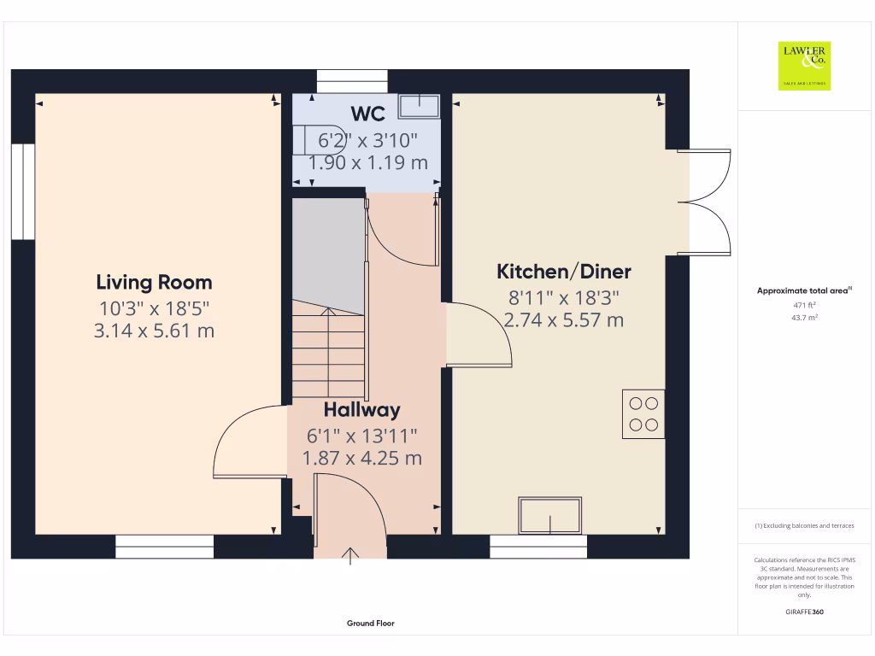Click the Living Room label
pyautogui.click(x=154, y=282)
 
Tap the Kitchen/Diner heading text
pyautogui.click(x=564, y=272)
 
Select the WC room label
pyautogui.click(x=367, y=114)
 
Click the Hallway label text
pyautogui.click(x=361, y=410)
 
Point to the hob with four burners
pyautogui.click(x=643, y=413)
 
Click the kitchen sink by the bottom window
pyautogui.click(x=550, y=515)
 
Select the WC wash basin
pyautogui.click(x=420, y=104)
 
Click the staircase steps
pyautogui.click(x=329, y=350)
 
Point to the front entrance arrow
pyautogui.click(x=350, y=557)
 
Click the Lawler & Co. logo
pyautogui.click(x=804, y=66)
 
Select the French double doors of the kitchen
pyautogui.click(x=706, y=202)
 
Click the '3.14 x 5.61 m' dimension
pyautogui.click(x=154, y=331)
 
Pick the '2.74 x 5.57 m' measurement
pyautogui.click(x=564, y=320)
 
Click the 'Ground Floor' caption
pyautogui.click(x=371, y=624)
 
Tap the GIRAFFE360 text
pyautogui.click(x=804, y=612)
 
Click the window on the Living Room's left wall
pyautogui.click(x=23, y=192)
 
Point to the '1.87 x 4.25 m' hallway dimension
pyautogui.click(x=362, y=458)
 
